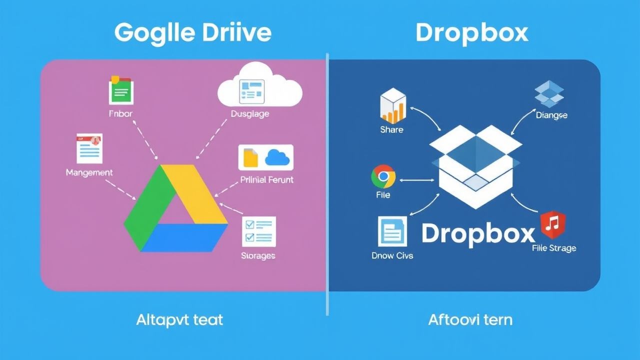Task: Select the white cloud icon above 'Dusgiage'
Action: point(259,86)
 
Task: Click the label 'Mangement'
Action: point(89,172)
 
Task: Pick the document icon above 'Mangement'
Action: point(89,148)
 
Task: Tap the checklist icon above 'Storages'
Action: point(258,231)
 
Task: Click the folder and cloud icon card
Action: point(265,157)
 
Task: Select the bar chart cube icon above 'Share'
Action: point(392,106)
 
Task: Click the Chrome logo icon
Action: point(383,177)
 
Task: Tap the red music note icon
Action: point(553,225)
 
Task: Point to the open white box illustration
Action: point(476,165)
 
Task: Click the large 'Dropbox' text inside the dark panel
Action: point(478,233)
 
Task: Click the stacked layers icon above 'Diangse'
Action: point(549,94)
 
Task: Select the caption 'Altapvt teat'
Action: point(179,319)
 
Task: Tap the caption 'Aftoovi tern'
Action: point(470,319)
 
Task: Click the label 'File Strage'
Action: point(554,248)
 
